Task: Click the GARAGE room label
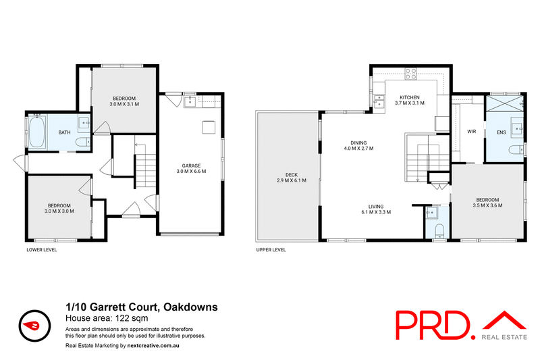(x=190, y=165)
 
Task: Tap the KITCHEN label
(x=410, y=97)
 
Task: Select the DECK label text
(x=286, y=175)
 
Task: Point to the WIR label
(x=471, y=132)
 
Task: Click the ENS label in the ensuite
(x=501, y=132)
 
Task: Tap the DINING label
(x=358, y=143)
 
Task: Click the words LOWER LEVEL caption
(x=41, y=249)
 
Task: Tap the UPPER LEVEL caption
(x=271, y=249)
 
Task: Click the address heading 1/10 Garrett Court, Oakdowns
(x=141, y=307)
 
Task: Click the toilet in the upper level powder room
(x=438, y=232)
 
